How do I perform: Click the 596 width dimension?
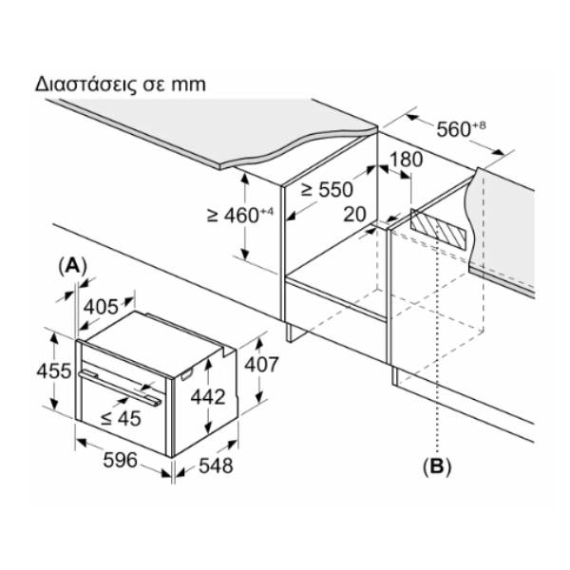tap(121, 460)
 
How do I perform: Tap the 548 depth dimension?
tap(216, 465)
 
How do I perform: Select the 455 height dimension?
tap(54, 371)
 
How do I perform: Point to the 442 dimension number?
tap(208, 396)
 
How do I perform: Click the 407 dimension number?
tap(261, 364)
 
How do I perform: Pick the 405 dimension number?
tap(101, 307)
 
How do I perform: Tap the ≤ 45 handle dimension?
tap(121, 418)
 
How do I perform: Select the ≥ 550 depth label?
tap(327, 189)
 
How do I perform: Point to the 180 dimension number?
tap(407, 160)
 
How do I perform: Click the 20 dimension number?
tap(354, 214)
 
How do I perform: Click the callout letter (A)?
tap(73, 266)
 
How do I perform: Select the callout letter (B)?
tap(437, 465)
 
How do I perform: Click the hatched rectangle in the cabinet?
tap(438, 229)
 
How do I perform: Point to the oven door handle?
tap(120, 388)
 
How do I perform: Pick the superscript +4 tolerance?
tap(266, 212)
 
